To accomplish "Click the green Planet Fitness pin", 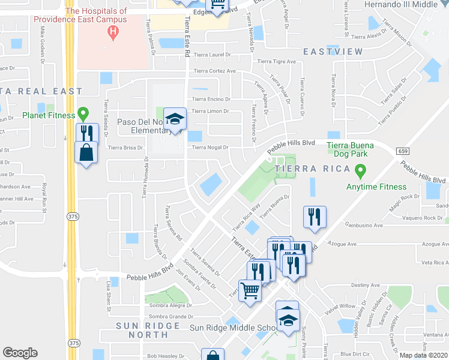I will [x=84, y=112].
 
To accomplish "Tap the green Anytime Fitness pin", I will [x=360, y=172].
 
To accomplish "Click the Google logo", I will [x=20, y=353].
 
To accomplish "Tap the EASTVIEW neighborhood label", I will [x=333, y=52].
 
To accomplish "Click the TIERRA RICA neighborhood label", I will [x=303, y=169].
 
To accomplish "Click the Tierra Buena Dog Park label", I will [x=351, y=149].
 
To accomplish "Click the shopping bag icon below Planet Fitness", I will [x=86, y=152].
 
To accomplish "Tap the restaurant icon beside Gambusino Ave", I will [x=315, y=217].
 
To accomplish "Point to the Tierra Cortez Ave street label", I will [x=215, y=71].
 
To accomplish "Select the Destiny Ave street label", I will [x=366, y=285].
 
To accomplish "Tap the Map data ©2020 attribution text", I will [x=423, y=355].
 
